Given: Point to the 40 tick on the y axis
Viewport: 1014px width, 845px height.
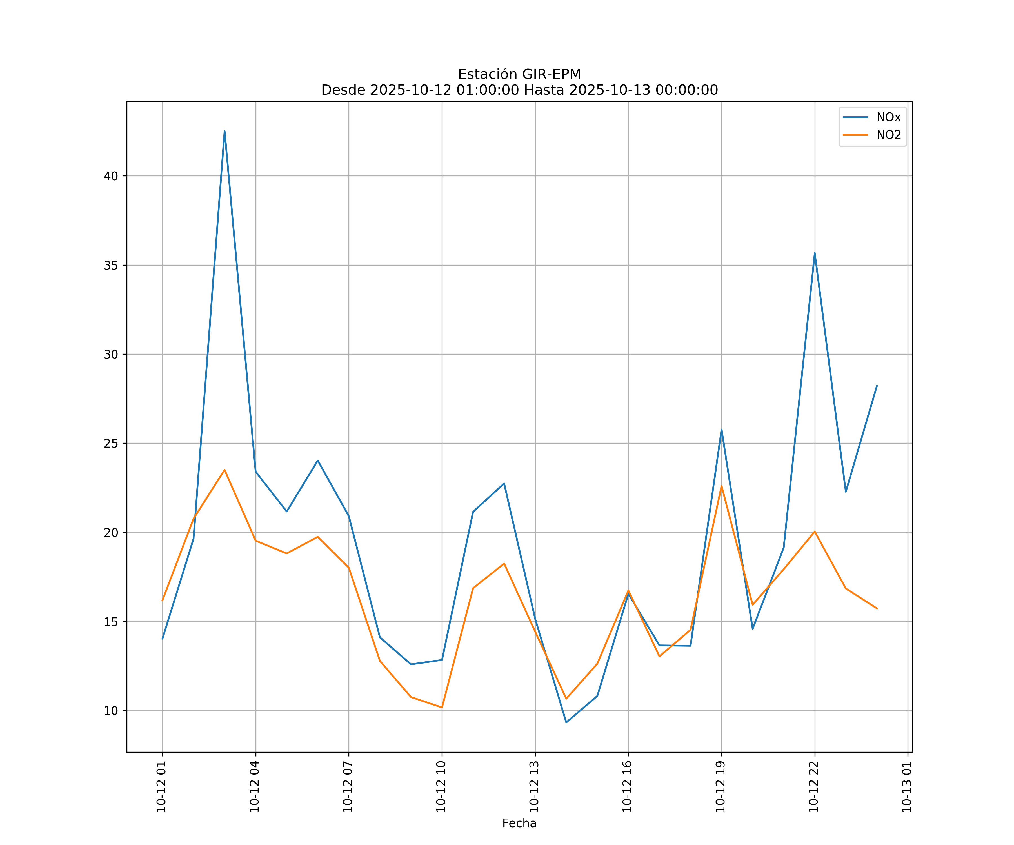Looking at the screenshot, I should [111, 176].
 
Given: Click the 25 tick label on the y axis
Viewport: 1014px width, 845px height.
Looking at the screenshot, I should [111, 443].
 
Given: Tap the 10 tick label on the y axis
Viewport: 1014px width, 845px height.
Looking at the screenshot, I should [111, 711].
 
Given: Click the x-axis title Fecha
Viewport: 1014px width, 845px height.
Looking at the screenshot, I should [519, 823].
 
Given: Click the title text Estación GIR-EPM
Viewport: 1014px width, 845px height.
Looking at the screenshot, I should [519, 74].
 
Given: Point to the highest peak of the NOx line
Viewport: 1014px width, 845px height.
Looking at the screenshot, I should [224, 131].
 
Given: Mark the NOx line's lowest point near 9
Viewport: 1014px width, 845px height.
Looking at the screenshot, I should [566, 722].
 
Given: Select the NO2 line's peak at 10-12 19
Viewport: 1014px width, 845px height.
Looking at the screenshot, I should [721, 486].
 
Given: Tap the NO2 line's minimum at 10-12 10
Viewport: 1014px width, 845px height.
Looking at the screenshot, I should [442, 707].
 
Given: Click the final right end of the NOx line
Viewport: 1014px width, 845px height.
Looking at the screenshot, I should [877, 386].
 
